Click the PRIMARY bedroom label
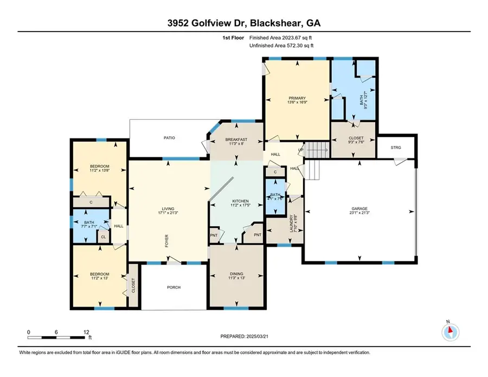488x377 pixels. (297, 98)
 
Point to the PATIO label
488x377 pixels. (170, 138)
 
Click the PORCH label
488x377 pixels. (173, 287)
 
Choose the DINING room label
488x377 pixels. (236, 274)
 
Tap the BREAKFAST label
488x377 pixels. (236, 140)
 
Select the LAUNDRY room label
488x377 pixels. (293, 222)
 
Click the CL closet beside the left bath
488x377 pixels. (102, 237)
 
